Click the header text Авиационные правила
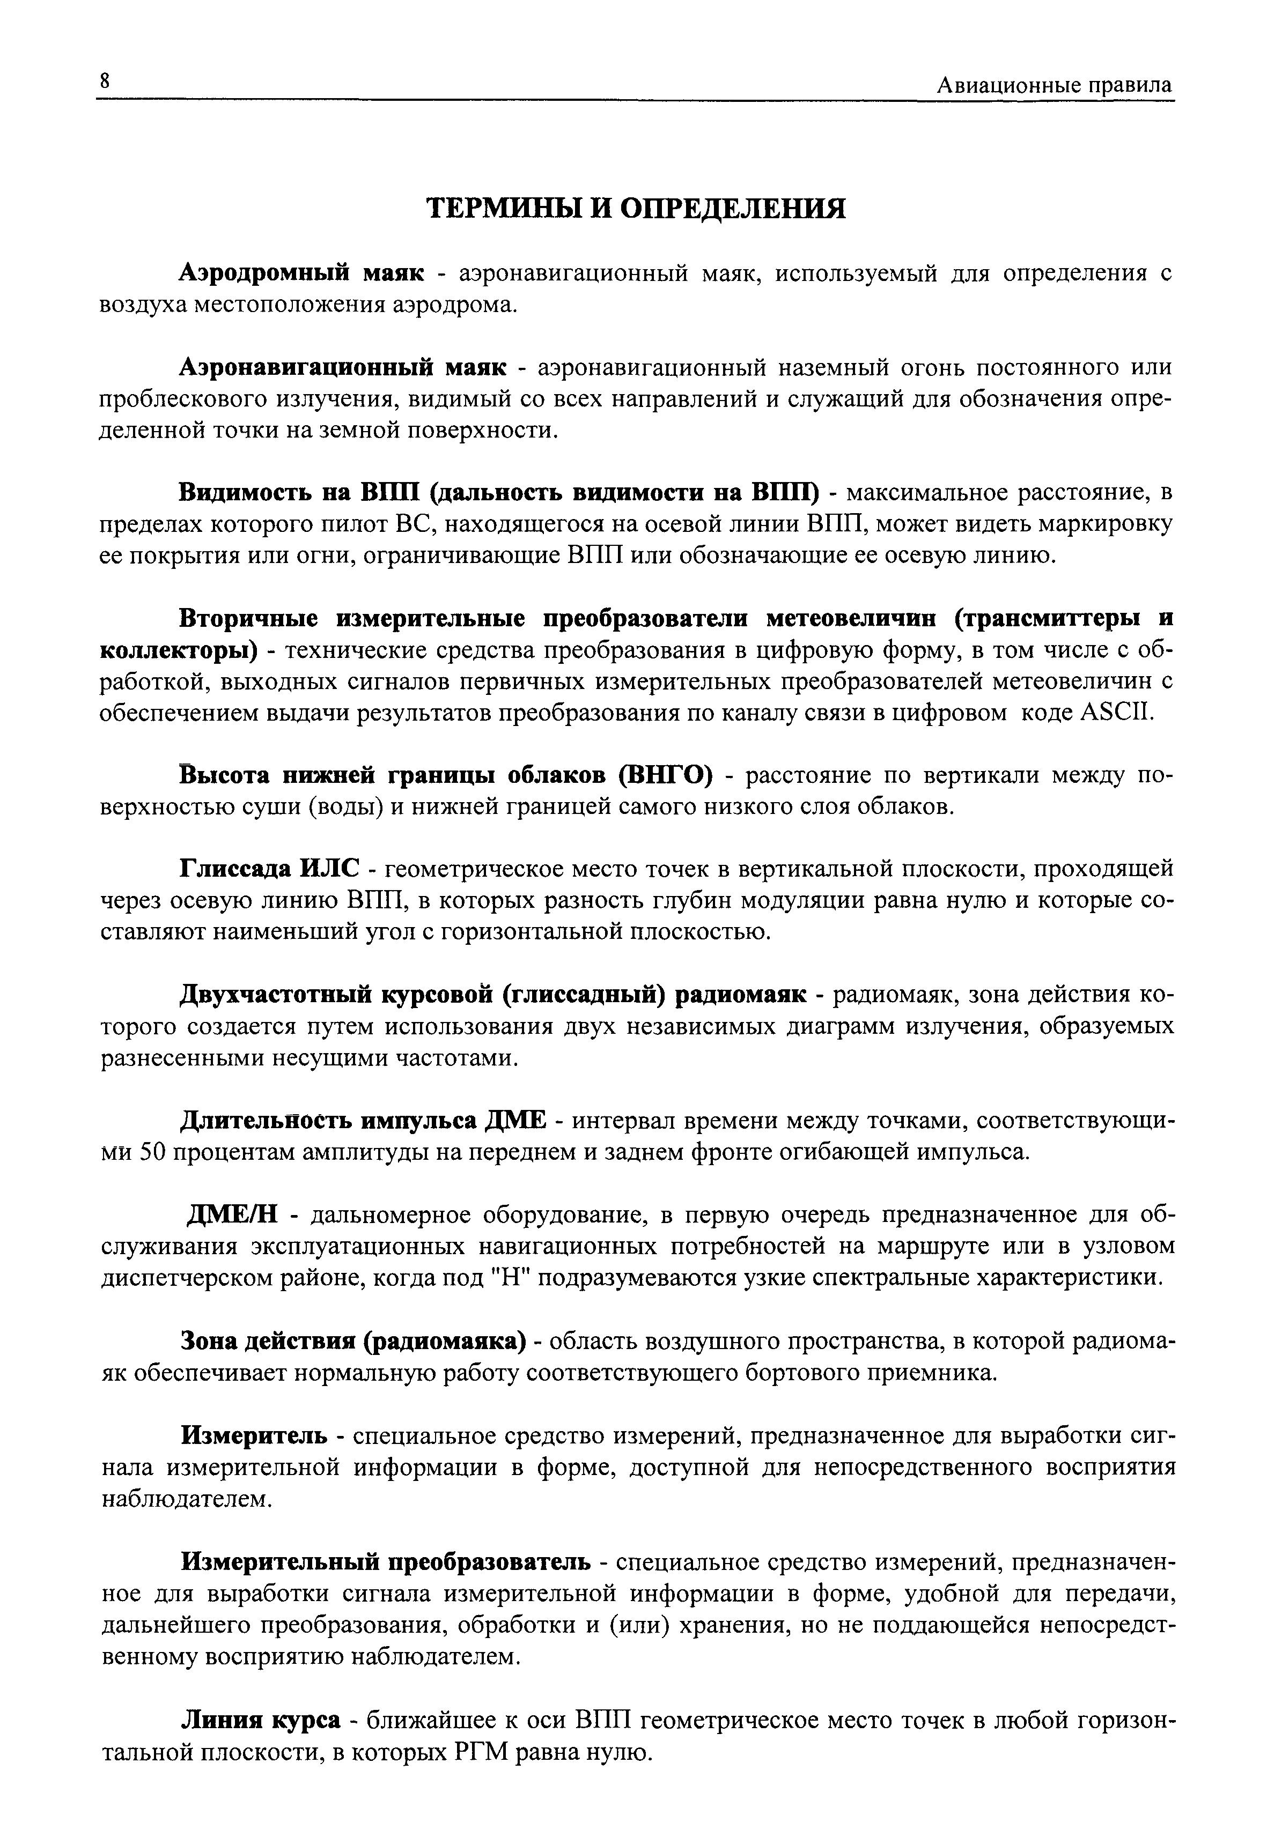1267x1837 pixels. (1054, 85)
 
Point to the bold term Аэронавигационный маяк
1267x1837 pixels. (343, 367)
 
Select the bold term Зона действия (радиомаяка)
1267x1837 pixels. (354, 1340)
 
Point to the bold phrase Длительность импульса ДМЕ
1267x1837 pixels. (364, 1121)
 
